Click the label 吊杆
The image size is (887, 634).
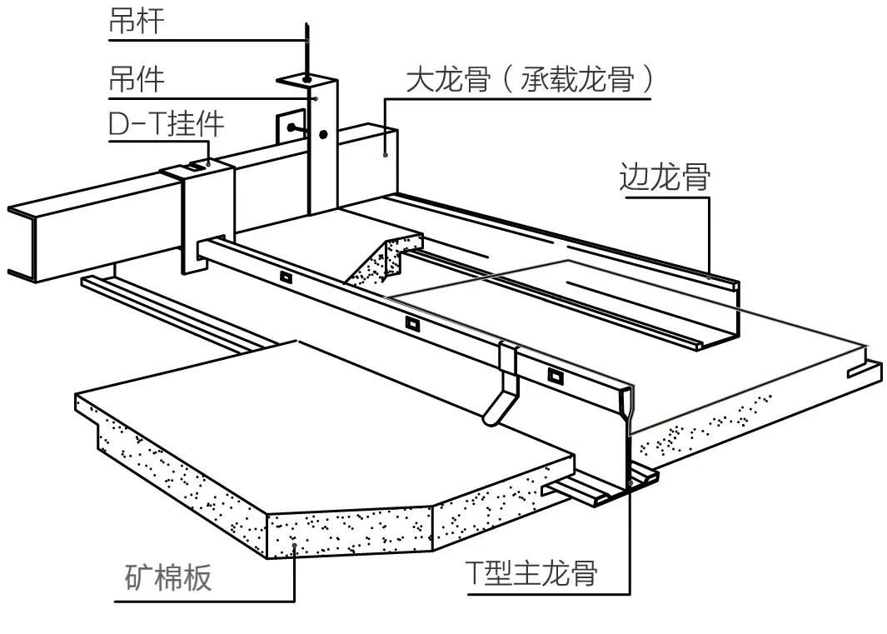(137, 22)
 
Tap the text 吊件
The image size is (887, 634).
(137, 79)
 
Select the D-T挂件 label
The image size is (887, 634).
(167, 124)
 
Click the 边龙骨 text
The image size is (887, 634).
(664, 177)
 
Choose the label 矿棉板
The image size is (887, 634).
(168, 577)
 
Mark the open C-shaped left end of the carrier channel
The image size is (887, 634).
(20, 242)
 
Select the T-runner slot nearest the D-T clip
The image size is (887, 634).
(286, 276)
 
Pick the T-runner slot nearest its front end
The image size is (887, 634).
(555, 375)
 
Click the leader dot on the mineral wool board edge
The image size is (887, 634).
(294, 546)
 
